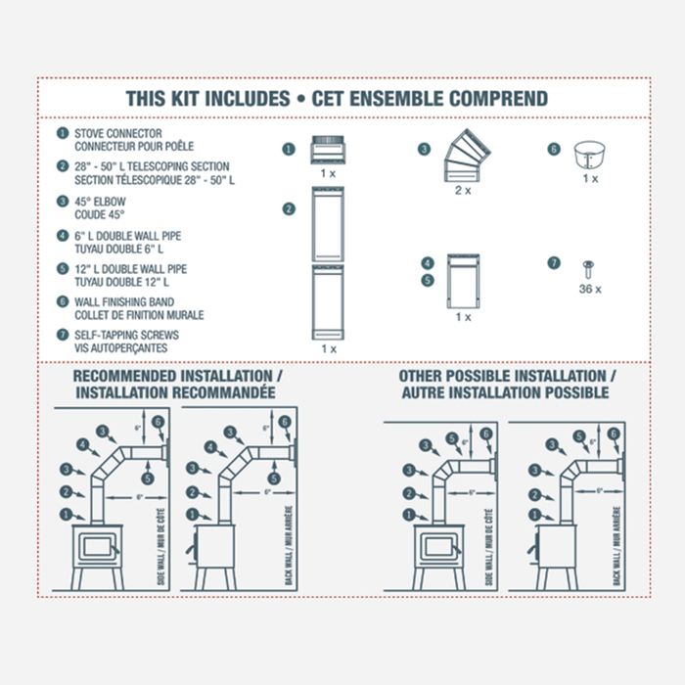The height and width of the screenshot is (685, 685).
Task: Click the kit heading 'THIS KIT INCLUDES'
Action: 207,99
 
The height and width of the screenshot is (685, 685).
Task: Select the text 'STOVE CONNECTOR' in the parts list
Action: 118,133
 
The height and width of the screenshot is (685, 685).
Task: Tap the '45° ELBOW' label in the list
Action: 101,201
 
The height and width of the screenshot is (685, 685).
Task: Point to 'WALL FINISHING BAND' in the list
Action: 126,302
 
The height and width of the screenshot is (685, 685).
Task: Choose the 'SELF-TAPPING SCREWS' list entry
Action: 126,335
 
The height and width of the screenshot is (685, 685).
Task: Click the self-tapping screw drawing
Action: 589,266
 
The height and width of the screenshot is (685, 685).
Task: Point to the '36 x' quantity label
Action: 589,289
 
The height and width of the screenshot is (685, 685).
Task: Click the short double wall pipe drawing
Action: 462,281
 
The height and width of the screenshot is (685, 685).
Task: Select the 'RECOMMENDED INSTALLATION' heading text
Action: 176,377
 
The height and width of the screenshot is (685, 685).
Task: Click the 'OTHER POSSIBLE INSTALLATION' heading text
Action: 507,377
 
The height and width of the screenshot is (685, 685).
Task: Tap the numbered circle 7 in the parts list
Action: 63,335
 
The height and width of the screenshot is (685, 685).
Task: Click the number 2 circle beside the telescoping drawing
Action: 289,208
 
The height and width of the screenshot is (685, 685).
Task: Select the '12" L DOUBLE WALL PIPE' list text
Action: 130,269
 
